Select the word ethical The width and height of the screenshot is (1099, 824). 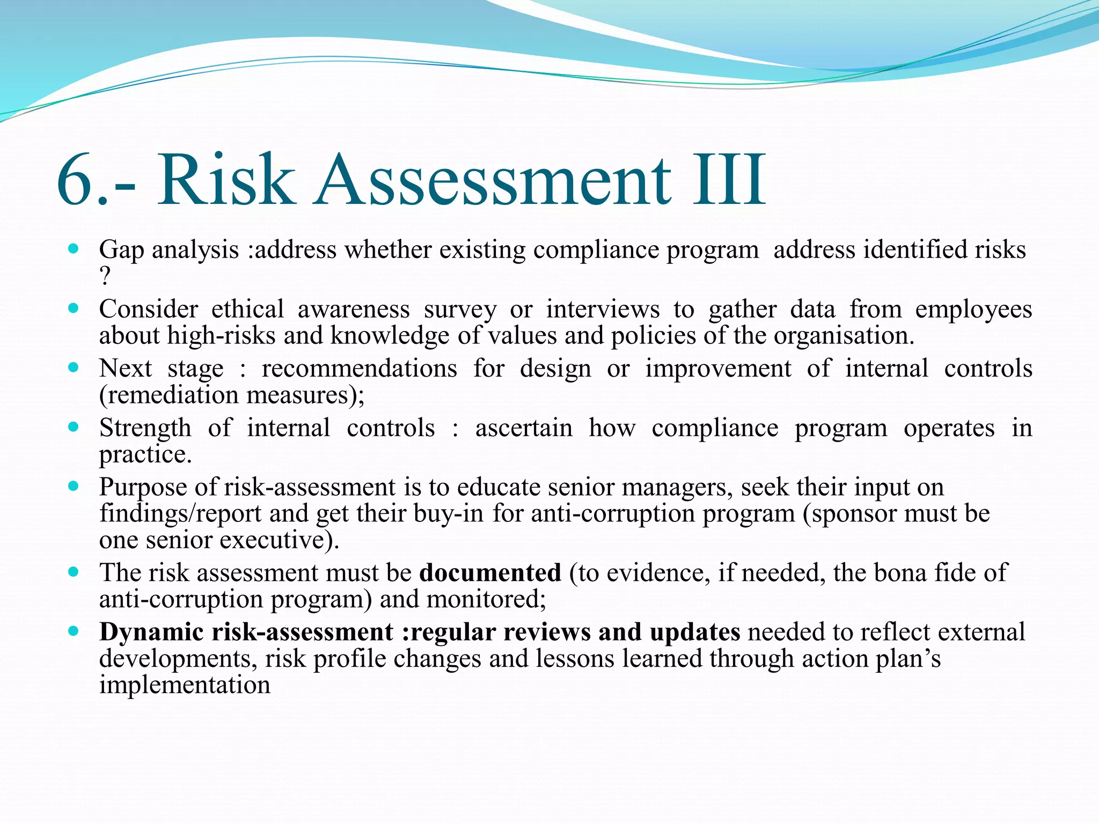pos(247,310)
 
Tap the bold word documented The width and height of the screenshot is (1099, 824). pos(490,573)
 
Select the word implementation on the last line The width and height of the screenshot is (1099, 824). pos(185,685)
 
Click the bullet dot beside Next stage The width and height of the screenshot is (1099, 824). pos(74,368)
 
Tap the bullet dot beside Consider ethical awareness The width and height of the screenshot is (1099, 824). pos(74,308)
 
